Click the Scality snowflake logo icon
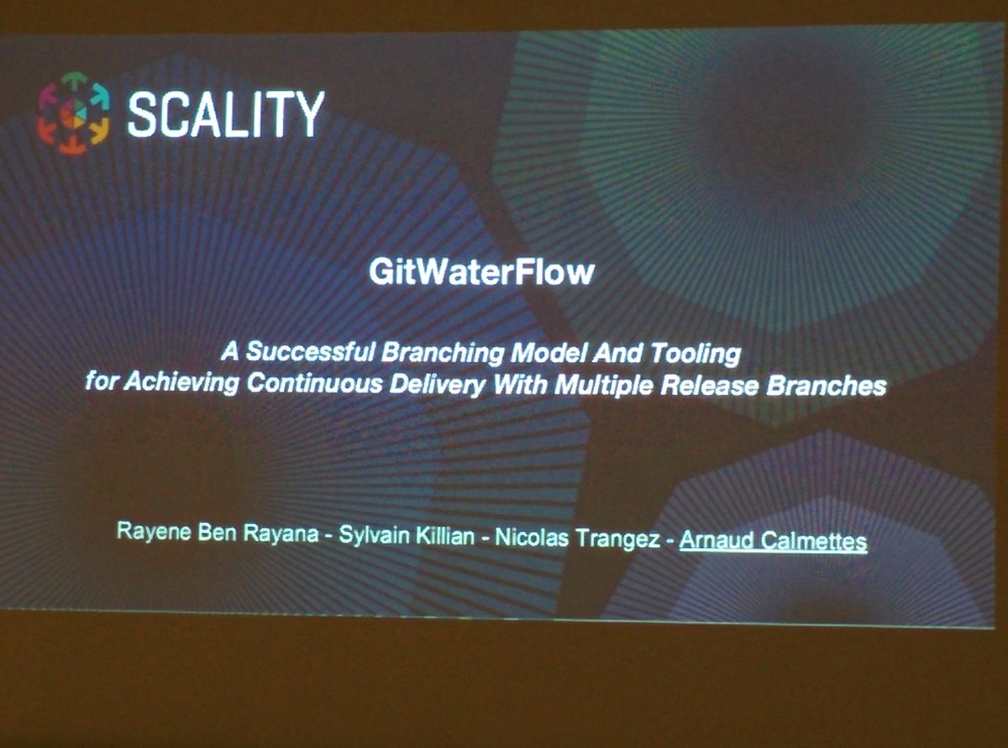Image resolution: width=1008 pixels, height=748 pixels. (73, 112)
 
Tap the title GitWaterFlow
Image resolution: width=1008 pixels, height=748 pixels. (481, 273)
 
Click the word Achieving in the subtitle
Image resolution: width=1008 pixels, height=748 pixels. (181, 383)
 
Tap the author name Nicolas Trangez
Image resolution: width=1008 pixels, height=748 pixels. (578, 539)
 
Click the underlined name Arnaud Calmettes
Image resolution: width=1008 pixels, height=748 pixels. (773, 541)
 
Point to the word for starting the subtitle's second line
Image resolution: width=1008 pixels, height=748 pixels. (104, 382)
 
